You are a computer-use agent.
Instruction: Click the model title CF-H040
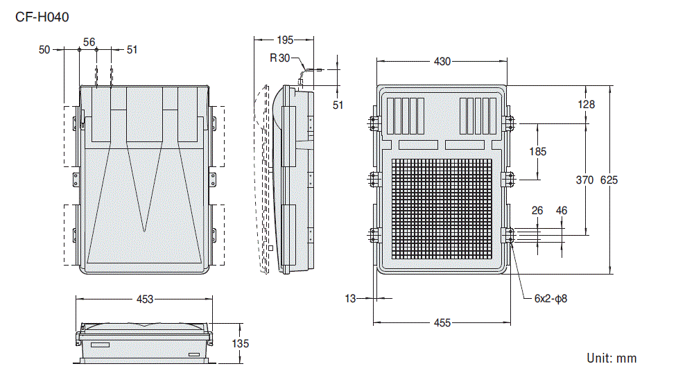pyautogui.click(x=42, y=17)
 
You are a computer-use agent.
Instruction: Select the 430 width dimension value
pyautogui.click(x=442, y=62)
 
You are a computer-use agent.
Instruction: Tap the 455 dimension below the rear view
pyautogui.click(x=442, y=323)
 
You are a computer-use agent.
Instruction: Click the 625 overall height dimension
pyautogui.click(x=609, y=180)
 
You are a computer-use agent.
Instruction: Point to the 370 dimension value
pyautogui.click(x=584, y=180)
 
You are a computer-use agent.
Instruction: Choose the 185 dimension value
pyautogui.click(x=537, y=151)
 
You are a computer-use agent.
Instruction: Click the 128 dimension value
pyautogui.click(x=586, y=105)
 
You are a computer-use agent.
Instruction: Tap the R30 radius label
pyautogui.click(x=280, y=58)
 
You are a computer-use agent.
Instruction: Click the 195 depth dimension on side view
pyautogui.click(x=284, y=40)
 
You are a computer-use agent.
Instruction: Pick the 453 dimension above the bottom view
pyautogui.click(x=144, y=299)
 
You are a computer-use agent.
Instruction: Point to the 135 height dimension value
pyautogui.click(x=240, y=343)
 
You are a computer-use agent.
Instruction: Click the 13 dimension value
pyautogui.click(x=350, y=299)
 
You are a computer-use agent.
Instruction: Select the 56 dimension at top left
pyautogui.click(x=89, y=42)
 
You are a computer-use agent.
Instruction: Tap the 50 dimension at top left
pyautogui.click(x=44, y=49)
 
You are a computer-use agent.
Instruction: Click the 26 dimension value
pyautogui.click(x=537, y=210)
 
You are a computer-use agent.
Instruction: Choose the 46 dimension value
pyautogui.click(x=561, y=210)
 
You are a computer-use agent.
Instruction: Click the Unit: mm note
pyautogui.click(x=611, y=358)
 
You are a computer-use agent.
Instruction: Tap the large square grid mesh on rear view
pyautogui.click(x=442, y=209)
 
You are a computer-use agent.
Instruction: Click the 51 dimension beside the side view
pyautogui.click(x=338, y=105)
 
